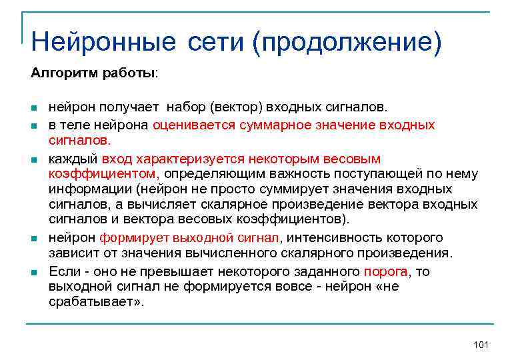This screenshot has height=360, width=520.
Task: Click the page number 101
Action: pos(480,344)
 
